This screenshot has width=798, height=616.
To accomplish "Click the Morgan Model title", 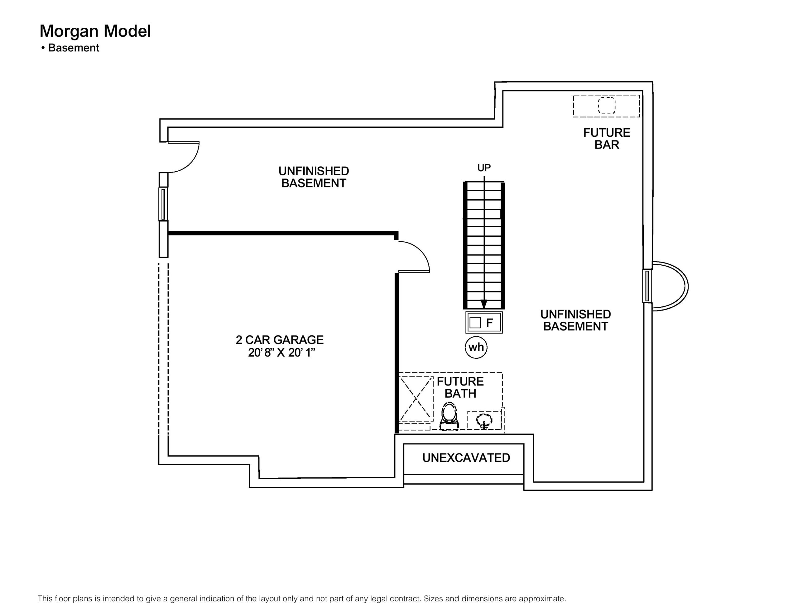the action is (x=95, y=31).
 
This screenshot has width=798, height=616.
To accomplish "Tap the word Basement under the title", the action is (x=74, y=48).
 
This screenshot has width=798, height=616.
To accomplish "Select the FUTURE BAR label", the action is (x=607, y=138).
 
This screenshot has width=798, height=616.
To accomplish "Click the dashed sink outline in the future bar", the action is (x=607, y=106).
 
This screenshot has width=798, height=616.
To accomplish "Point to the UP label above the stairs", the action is (x=484, y=168).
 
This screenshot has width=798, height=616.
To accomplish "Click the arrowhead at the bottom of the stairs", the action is (x=484, y=304).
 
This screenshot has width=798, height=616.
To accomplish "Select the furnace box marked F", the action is (x=484, y=322).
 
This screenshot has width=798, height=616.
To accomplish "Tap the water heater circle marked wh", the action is (x=476, y=347).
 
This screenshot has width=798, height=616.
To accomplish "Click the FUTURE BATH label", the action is (x=460, y=387).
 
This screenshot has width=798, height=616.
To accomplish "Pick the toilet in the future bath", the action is (x=449, y=416).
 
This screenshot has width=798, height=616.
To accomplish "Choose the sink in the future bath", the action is (x=484, y=420).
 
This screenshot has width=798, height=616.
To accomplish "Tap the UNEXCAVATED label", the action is (x=466, y=458).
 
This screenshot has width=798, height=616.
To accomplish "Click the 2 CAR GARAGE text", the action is (x=280, y=340).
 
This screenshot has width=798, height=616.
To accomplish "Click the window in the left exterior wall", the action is (x=163, y=204).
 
